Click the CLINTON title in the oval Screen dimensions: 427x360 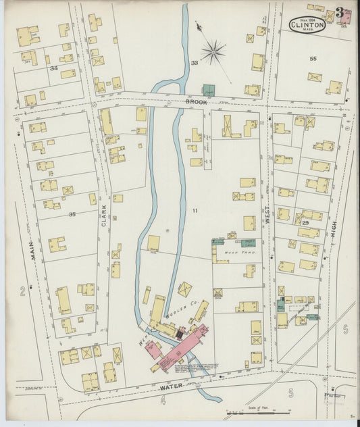click(308, 24)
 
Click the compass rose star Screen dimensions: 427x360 click(213, 51)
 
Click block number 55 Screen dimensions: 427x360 click(313, 59)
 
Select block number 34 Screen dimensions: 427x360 click(53, 68)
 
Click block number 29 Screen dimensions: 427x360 click(305, 222)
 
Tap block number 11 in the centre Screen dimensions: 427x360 click(195, 211)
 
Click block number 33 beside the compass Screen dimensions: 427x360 click(194, 63)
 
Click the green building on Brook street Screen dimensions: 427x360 click(209, 90)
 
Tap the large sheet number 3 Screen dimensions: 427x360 click(338, 13)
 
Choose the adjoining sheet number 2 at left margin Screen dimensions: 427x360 click(22, 291)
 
